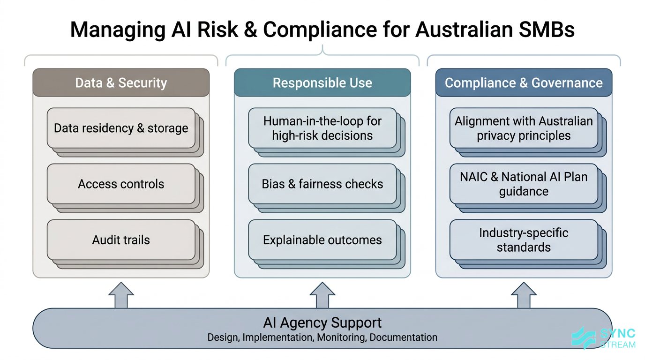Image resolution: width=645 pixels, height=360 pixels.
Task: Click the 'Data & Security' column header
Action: point(121,83)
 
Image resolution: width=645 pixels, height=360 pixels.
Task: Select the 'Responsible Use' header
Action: point(322,83)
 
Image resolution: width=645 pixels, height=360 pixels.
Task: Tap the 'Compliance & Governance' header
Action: point(524,83)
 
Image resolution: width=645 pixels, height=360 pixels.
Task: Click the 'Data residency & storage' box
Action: point(121,128)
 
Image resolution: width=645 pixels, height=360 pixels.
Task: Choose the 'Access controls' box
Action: point(121,184)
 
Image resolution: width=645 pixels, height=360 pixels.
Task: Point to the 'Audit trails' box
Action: point(121,240)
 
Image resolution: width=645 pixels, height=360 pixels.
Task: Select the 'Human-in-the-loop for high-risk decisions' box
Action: point(322,128)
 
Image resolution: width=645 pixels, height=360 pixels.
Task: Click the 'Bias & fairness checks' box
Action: point(322,184)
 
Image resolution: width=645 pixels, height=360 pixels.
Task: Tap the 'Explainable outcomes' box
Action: point(322,240)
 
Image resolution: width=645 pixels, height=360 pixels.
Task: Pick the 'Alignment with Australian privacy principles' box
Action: point(524,128)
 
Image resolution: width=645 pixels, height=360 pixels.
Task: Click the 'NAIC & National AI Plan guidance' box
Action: point(524,184)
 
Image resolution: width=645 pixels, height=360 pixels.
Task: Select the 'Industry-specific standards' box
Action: point(524,240)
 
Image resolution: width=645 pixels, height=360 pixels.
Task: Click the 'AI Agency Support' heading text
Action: point(322,322)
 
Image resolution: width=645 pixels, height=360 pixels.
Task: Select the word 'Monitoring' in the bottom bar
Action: point(341,337)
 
